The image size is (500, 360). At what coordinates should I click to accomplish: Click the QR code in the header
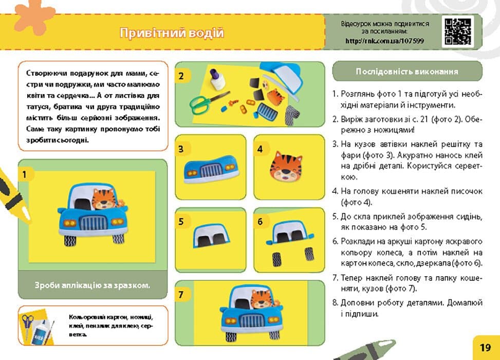(x=457, y=31)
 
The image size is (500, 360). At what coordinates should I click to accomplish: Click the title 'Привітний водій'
(x=172, y=33)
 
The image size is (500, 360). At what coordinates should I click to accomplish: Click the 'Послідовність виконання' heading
(x=407, y=71)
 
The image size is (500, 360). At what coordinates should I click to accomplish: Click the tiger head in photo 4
(x=286, y=167)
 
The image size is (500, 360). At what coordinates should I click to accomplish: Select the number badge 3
(x=181, y=150)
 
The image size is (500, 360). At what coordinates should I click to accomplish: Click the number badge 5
(x=181, y=222)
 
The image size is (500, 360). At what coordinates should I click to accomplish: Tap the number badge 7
(x=181, y=295)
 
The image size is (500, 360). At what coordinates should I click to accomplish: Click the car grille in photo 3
(x=209, y=170)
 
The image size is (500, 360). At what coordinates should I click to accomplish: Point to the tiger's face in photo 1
(x=105, y=200)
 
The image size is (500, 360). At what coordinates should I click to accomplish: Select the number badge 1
(x=24, y=174)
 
